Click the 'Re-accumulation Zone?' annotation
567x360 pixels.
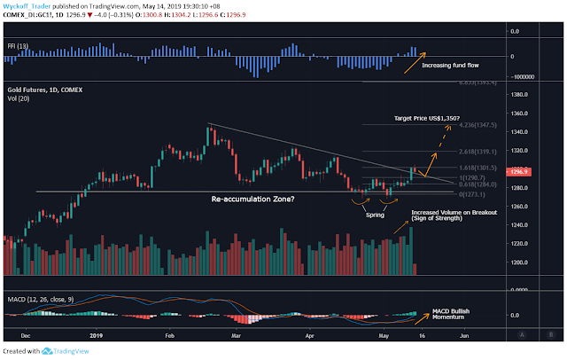(252, 200)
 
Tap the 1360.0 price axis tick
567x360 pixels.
(532, 113)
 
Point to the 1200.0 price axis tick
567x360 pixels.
(532, 263)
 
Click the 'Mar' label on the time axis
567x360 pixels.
(236, 336)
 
